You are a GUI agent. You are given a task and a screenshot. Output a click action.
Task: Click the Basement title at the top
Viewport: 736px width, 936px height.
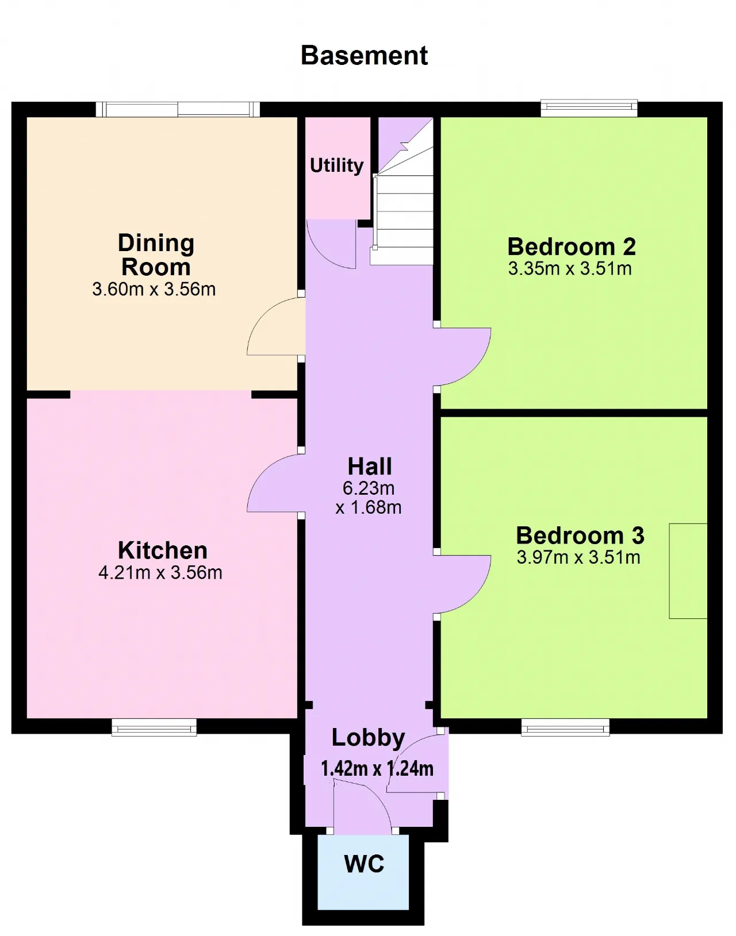pos(364,56)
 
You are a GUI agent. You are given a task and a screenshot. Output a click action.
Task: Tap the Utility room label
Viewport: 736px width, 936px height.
pos(336,165)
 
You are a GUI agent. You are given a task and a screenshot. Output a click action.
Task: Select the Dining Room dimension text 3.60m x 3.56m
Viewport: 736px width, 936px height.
pos(154,289)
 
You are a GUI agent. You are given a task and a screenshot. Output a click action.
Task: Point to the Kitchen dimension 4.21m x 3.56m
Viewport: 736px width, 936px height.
pos(160,572)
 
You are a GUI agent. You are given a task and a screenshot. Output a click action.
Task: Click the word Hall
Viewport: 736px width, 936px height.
pos(370,466)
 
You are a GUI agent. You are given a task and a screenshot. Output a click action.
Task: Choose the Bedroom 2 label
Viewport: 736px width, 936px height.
pos(572,246)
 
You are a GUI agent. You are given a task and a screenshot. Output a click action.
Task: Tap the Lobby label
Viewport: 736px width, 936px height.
pos(369,738)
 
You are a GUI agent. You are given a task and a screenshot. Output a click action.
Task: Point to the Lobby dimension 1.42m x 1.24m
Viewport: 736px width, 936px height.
pos(377,768)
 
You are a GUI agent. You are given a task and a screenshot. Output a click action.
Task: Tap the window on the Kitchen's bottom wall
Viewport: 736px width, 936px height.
pos(154,728)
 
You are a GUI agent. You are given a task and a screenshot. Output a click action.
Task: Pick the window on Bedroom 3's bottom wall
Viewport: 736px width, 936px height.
pos(565,728)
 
